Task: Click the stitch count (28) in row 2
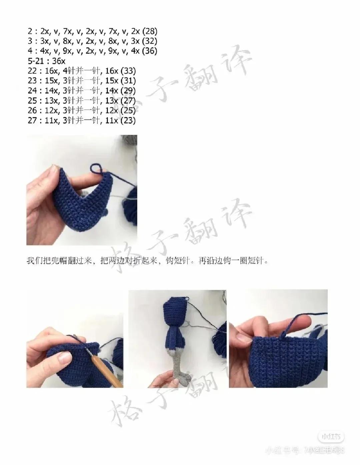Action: [x=149, y=31]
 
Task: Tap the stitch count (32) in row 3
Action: [x=149, y=41]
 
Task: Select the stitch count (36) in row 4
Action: [x=149, y=51]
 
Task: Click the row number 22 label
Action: [x=32, y=71]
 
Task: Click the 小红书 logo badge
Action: [x=326, y=436]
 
